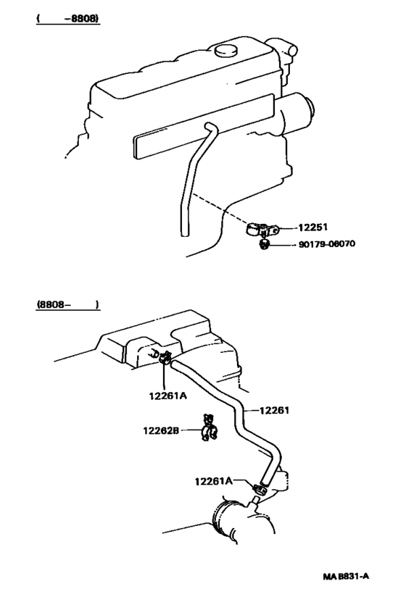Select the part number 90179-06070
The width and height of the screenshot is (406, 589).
[x=326, y=244]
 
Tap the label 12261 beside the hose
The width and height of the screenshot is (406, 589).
[x=275, y=410]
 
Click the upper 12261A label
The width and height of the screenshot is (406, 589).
[x=168, y=396]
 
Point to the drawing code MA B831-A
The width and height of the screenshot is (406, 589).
[x=346, y=577]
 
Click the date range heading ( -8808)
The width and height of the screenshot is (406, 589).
[x=67, y=18]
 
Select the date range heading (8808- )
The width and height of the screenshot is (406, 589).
[x=67, y=305]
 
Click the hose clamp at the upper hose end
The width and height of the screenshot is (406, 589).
[x=165, y=356]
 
